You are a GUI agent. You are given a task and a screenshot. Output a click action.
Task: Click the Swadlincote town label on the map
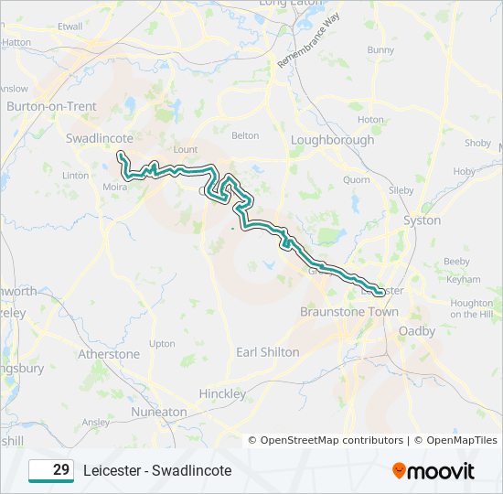click(x=100, y=138)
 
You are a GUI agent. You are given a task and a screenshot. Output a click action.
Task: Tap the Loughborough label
click(x=332, y=140)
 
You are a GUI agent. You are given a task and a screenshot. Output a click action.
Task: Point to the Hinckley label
click(x=222, y=393)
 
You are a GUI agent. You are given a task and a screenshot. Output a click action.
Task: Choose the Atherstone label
click(x=109, y=354)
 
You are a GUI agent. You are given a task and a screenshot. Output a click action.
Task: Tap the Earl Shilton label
click(x=267, y=352)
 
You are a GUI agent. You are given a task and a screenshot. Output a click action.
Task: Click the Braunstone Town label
click(x=349, y=312)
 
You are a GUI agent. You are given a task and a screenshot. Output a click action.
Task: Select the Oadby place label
click(x=417, y=331)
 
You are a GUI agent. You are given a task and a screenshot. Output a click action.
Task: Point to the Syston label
click(x=423, y=220)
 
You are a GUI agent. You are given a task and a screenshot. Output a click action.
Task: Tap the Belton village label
click(x=245, y=135)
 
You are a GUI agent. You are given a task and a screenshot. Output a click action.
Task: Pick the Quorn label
click(x=357, y=180)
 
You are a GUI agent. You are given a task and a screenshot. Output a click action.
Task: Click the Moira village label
click(x=115, y=187)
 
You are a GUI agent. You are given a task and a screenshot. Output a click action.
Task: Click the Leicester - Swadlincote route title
click(x=157, y=470)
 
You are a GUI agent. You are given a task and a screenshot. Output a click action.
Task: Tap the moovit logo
click(x=433, y=471)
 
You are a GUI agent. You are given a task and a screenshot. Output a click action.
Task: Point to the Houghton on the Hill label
click(x=472, y=308)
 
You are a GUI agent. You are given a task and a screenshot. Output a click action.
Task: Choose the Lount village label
click(x=185, y=148)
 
